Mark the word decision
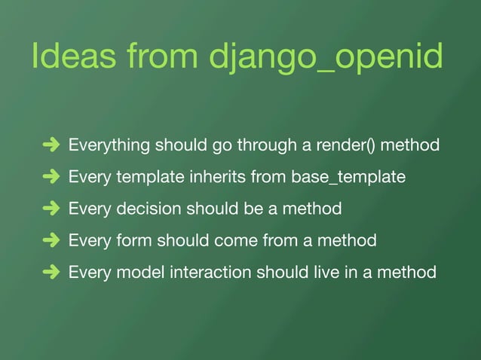click(x=143, y=209)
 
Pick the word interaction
click(x=208, y=273)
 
